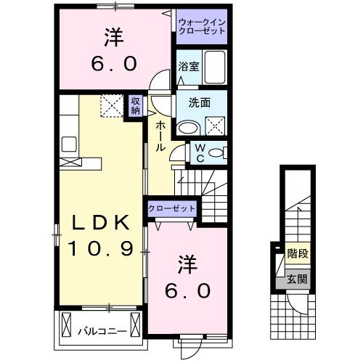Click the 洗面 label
(200, 102)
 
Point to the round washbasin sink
(188, 127)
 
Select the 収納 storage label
(136, 106)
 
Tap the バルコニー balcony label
(102, 332)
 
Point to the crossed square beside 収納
(112, 107)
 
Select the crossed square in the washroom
(216, 128)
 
